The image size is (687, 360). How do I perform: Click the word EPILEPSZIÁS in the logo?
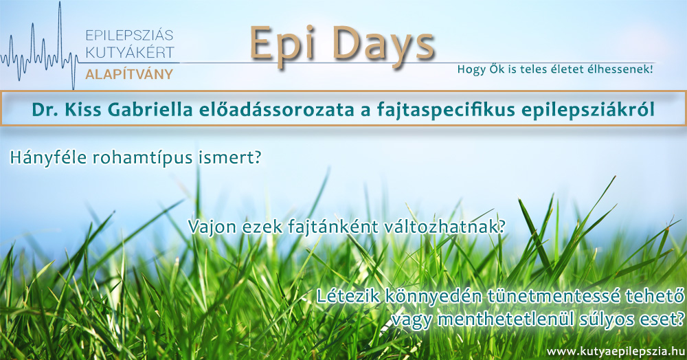click(x=129, y=35)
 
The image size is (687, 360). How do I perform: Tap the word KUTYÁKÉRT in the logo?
click(x=130, y=52)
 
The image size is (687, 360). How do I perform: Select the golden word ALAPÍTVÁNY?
click(x=129, y=74)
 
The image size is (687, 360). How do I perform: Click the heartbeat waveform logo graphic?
click(x=38, y=46)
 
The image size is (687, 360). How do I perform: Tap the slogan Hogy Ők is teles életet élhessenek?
click(x=555, y=69)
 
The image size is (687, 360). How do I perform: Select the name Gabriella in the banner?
click(x=150, y=110)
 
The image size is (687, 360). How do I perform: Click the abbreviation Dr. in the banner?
click(x=45, y=110)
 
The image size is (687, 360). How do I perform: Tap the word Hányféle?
click(x=48, y=157)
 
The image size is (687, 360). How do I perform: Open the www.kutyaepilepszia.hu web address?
click(x=616, y=351)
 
